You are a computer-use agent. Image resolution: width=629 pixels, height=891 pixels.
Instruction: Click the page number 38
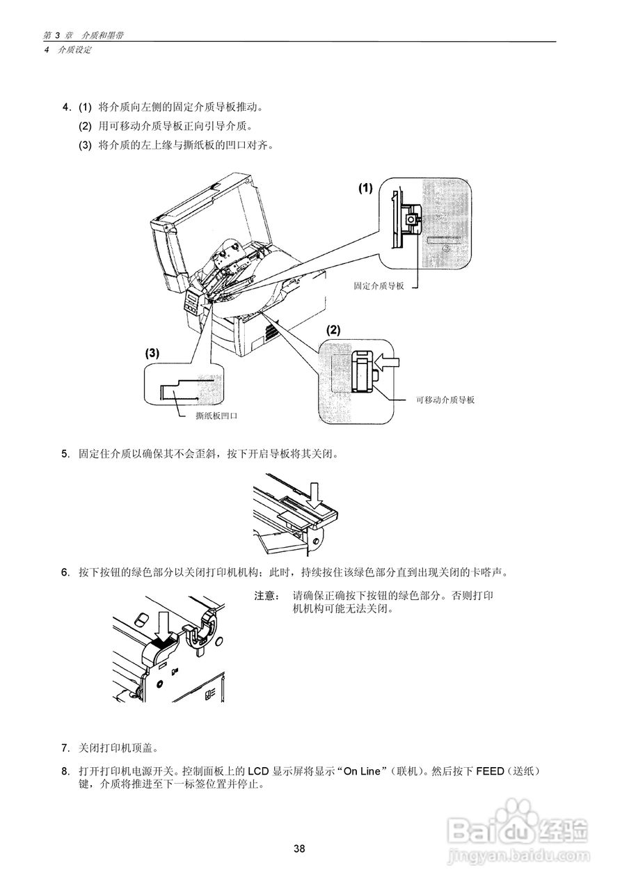tap(299, 848)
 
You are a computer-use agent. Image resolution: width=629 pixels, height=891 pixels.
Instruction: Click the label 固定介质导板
tap(379, 286)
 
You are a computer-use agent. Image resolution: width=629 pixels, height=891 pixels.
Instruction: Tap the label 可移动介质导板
tap(445, 400)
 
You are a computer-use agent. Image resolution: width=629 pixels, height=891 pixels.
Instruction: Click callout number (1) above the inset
tap(366, 188)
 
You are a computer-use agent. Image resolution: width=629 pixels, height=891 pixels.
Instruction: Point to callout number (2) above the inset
tap(334, 330)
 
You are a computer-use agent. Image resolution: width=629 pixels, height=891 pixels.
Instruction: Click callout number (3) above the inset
tap(152, 353)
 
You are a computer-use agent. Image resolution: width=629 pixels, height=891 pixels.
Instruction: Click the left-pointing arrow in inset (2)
tap(388, 362)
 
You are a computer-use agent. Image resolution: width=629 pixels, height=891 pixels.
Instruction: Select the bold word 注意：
tap(267, 596)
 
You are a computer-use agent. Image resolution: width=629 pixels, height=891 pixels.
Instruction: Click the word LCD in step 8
tap(258, 771)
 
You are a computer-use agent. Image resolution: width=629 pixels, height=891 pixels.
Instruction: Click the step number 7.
tap(65, 748)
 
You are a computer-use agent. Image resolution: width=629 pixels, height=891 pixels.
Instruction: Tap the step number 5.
tap(65, 454)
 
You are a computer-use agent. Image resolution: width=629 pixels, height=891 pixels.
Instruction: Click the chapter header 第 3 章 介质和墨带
tap(83, 36)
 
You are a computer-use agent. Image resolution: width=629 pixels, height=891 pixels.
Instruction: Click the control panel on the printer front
tap(193, 301)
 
